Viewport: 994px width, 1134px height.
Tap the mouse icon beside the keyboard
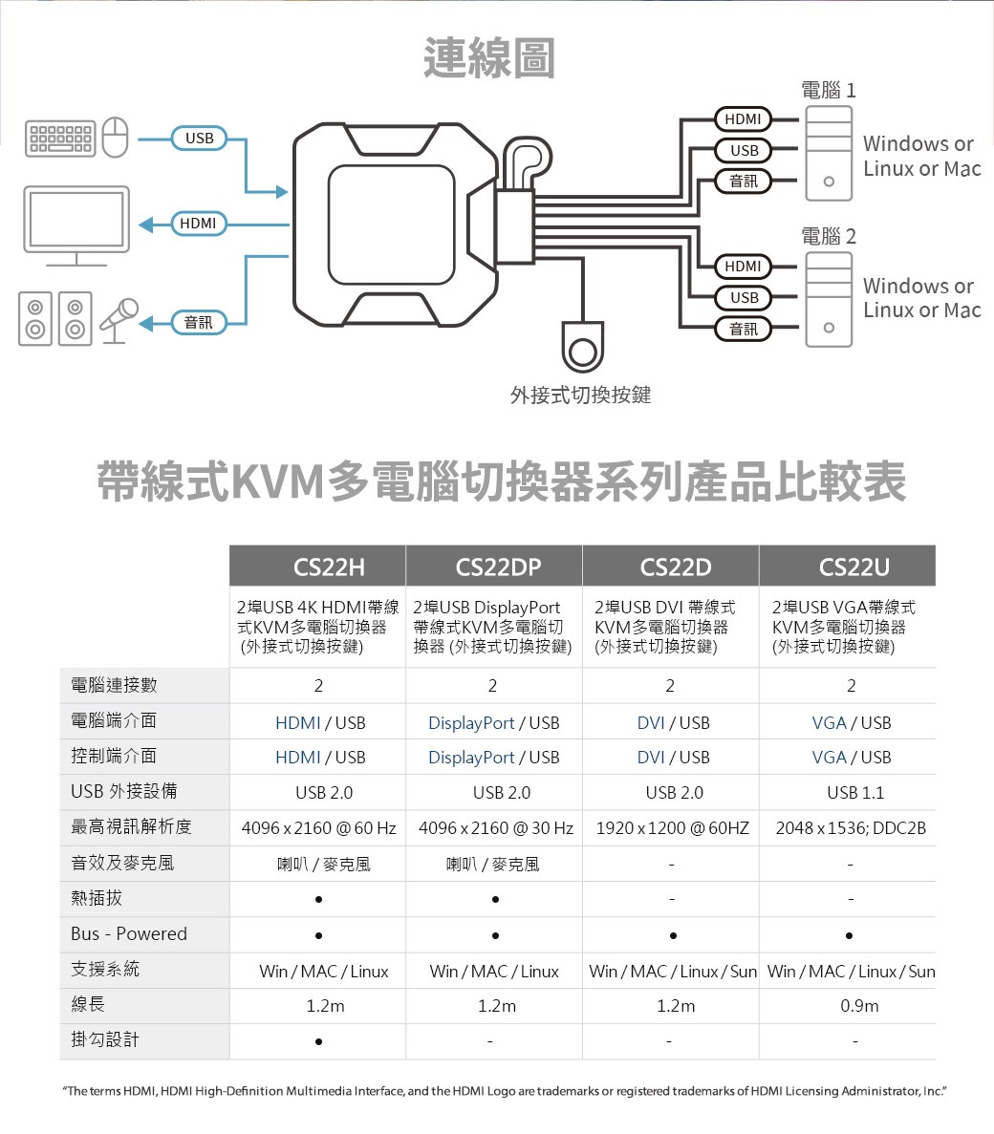click(x=115, y=139)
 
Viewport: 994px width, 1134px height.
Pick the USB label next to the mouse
click(x=199, y=139)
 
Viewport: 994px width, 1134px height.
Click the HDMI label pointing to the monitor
click(x=198, y=224)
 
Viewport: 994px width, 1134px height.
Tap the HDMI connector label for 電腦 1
click(x=743, y=119)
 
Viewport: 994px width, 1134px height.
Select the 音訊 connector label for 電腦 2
click(x=743, y=330)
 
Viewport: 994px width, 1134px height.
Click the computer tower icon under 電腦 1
click(x=828, y=153)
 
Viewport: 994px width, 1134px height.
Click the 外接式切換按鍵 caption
click(x=580, y=395)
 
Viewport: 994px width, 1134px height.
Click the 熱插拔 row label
click(x=97, y=898)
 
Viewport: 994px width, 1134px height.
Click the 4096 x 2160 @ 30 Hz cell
click(x=495, y=827)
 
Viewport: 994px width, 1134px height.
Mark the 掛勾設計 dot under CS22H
click(x=318, y=1040)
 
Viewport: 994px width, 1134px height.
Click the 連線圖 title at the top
click(x=488, y=57)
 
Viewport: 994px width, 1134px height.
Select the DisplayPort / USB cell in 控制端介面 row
click(x=493, y=758)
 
